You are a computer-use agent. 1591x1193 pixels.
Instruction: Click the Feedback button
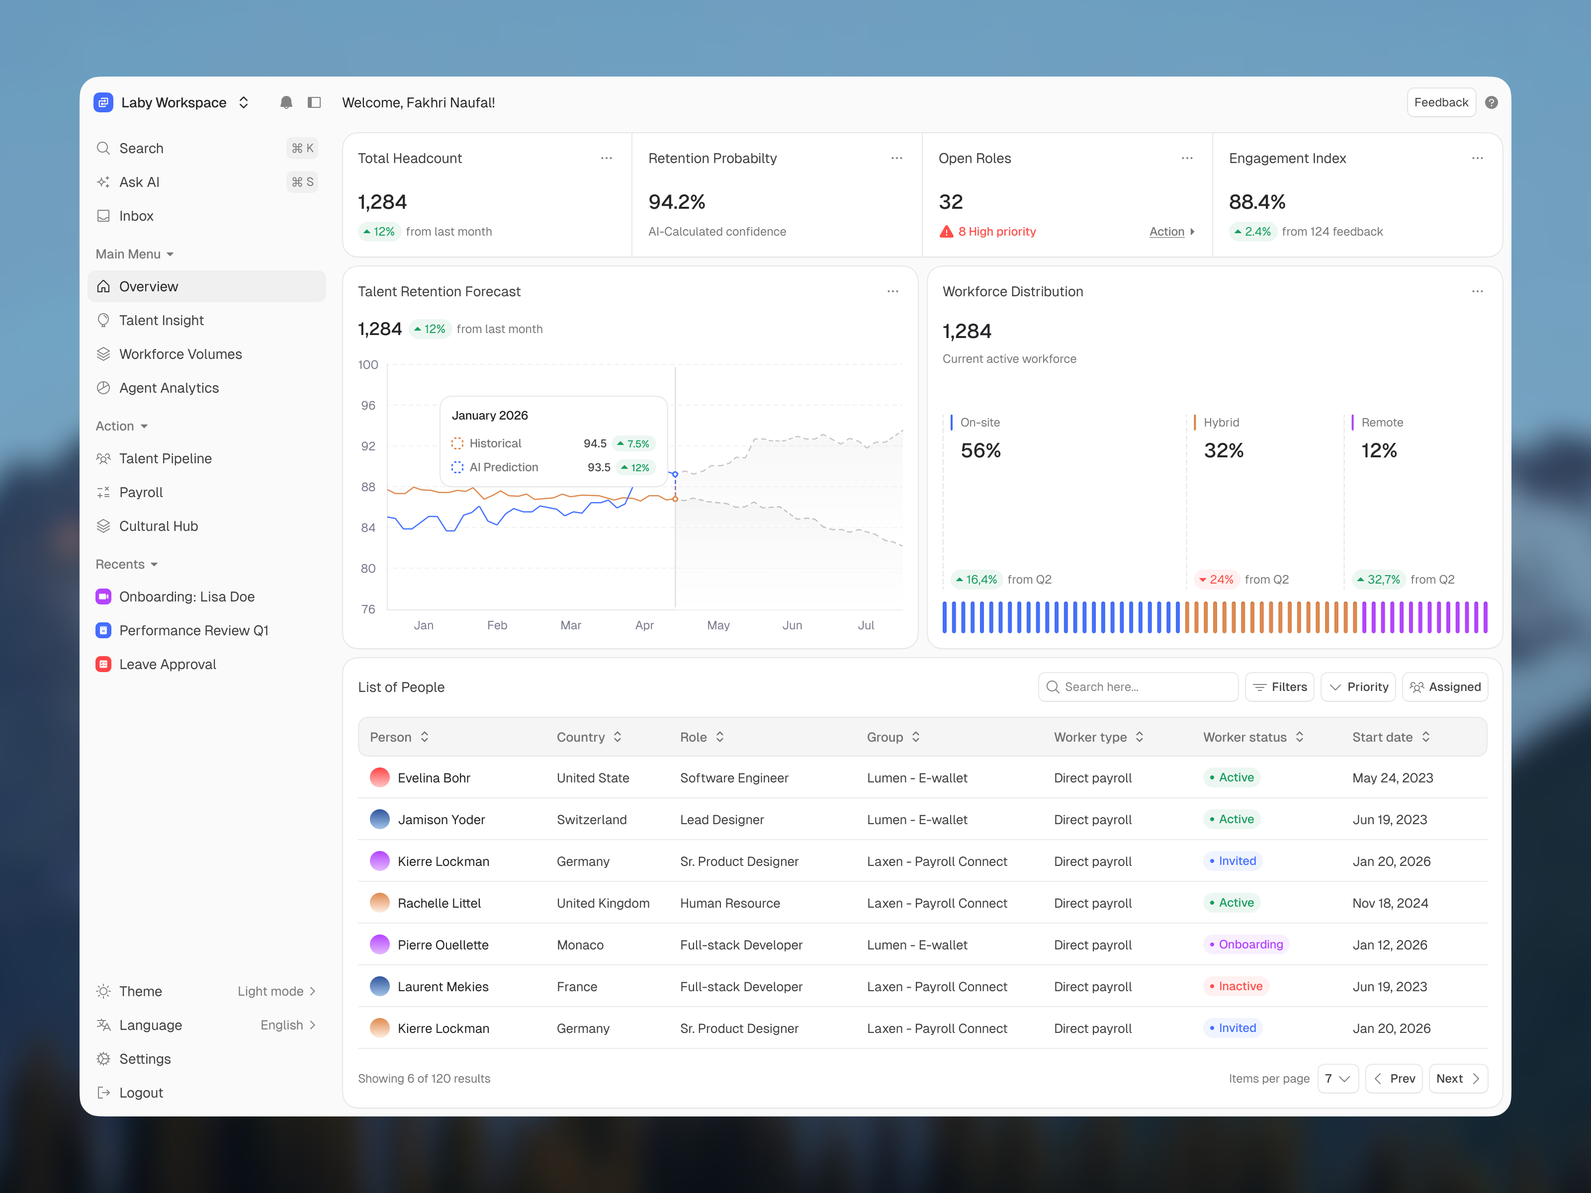click(x=1441, y=102)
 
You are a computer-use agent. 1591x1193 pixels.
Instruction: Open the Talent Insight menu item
click(x=161, y=320)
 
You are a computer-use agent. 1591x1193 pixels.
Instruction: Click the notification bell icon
click(x=285, y=102)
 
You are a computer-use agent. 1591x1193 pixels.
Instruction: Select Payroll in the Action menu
click(x=141, y=492)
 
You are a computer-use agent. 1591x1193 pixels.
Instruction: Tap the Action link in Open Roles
click(x=1166, y=232)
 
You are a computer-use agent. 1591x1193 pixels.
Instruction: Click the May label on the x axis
click(x=718, y=625)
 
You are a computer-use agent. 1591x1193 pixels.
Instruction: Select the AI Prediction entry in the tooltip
click(x=504, y=467)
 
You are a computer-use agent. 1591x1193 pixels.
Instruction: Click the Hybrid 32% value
click(x=1224, y=451)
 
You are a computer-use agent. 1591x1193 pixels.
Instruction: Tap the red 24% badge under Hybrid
click(x=1215, y=580)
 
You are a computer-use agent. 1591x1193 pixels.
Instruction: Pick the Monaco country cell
click(x=580, y=945)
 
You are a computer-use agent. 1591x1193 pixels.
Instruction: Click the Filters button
click(x=1280, y=687)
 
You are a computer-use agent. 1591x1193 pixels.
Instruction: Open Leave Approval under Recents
click(x=167, y=665)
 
